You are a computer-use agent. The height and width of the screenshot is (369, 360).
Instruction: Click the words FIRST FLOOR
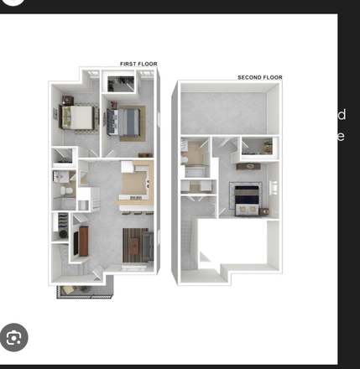pyautogui.click(x=138, y=64)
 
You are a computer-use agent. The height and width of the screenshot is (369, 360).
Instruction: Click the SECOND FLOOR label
pyautogui.click(x=259, y=77)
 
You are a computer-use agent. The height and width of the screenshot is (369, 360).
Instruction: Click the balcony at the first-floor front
pyautogui.click(x=83, y=289)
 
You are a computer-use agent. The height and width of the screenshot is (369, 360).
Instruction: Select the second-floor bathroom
pyautogui.click(x=196, y=159)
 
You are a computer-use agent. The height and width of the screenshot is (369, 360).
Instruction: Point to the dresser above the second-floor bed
pyautogui.click(x=248, y=167)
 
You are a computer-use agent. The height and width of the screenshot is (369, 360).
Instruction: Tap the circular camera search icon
pyautogui.click(x=13, y=337)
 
